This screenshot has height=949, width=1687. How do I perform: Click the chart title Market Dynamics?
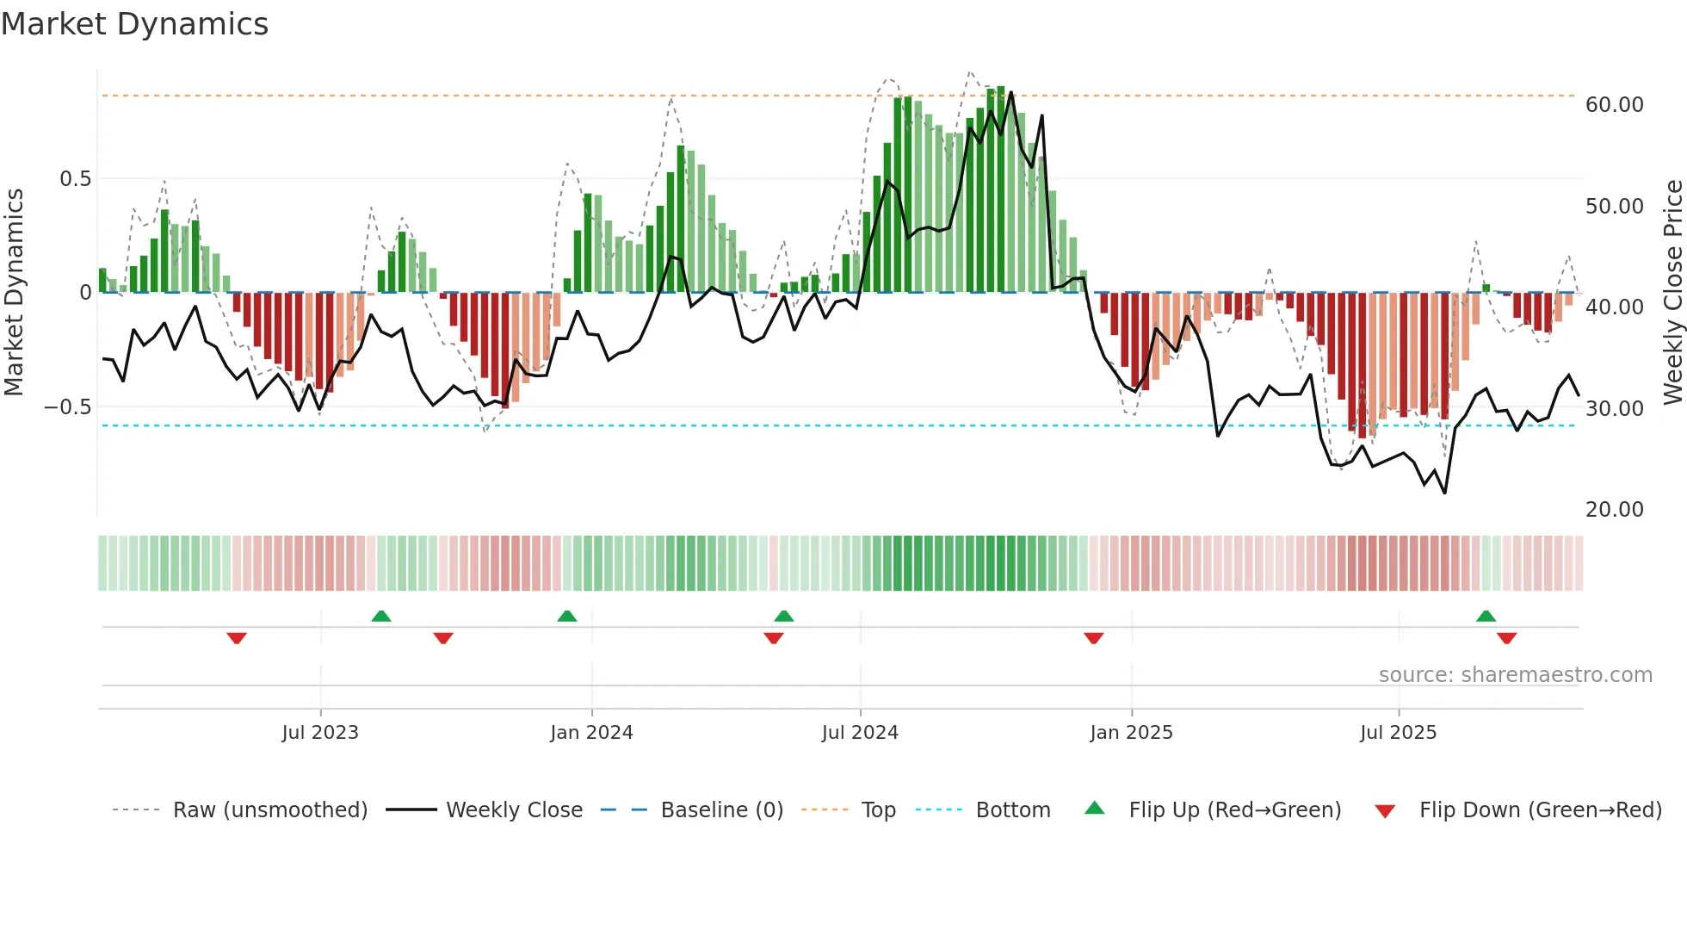click(x=134, y=24)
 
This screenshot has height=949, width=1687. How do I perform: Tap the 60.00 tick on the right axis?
click(x=1614, y=105)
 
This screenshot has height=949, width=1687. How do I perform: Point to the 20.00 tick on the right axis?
click(x=1614, y=510)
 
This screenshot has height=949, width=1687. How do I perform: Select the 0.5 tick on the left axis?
click(x=75, y=179)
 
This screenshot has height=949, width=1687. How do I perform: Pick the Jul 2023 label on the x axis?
click(x=320, y=733)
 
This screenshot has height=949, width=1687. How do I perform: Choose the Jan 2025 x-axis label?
click(x=1131, y=733)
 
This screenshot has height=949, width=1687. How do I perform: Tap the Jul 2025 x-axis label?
click(x=1398, y=733)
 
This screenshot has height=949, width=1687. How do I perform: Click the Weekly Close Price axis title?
click(x=1672, y=292)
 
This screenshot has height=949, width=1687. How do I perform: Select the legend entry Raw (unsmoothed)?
click(x=269, y=810)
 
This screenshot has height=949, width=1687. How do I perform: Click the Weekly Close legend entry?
click(x=514, y=810)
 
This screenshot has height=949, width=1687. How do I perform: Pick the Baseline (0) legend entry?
click(x=721, y=810)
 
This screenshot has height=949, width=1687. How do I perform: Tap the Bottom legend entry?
click(x=1012, y=810)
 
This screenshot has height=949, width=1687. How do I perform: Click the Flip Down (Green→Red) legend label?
click(x=1540, y=810)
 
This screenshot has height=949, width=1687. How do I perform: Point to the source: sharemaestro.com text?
click(x=1515, y=675)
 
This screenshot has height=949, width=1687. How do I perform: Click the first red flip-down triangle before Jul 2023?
click(x=237, y=638)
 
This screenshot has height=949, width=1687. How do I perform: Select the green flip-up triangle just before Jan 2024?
click(x=566, y=616)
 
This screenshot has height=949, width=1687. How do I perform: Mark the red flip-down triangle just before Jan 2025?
click(x=1093, y=638)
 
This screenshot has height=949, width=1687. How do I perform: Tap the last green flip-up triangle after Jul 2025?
click(x=1486, y=616)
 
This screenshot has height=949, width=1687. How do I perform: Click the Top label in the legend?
click(x=878, y=810)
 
